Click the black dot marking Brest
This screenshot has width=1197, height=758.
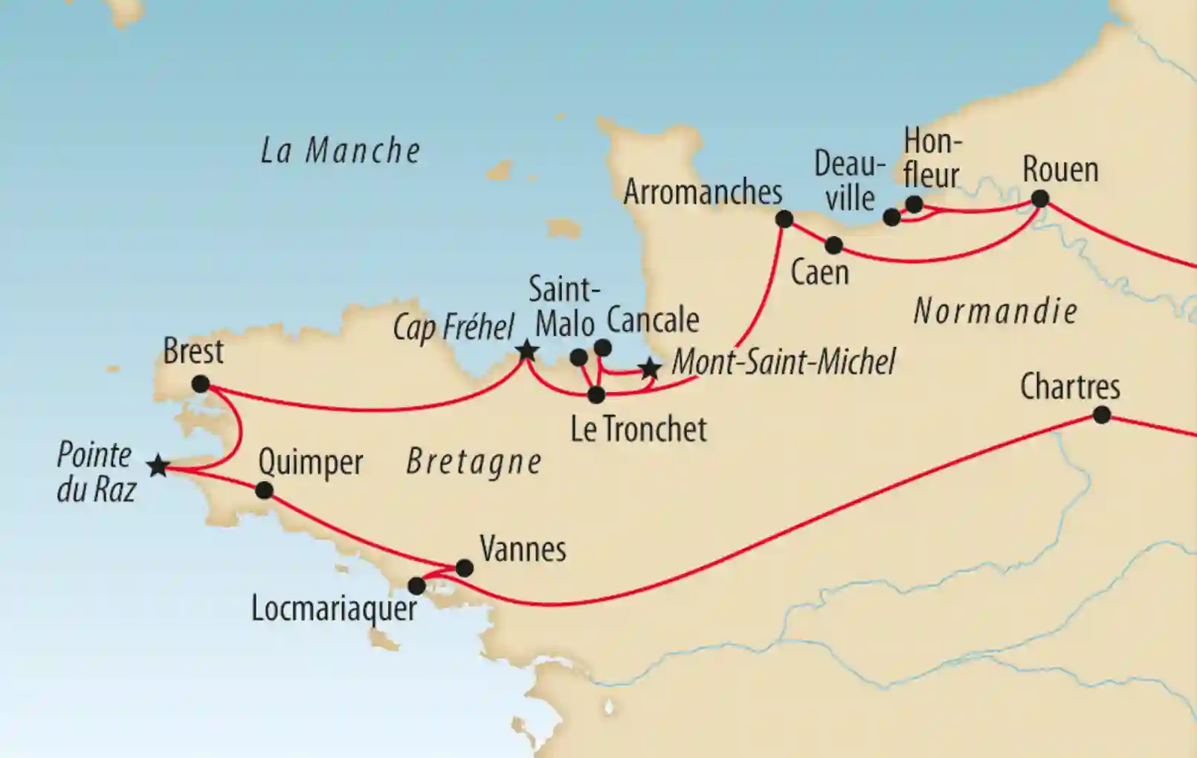(200, 384)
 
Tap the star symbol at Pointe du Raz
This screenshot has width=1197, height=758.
(158, 467)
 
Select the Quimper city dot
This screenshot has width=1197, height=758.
(264, 490)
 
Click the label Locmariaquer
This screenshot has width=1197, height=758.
(334, 609)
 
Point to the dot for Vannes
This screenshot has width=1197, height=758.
(464, 568)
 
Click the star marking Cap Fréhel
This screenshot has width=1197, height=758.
(526, 350)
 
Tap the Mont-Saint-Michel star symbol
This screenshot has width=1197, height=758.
(651, 368)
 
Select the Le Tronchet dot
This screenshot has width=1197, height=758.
(596, 395)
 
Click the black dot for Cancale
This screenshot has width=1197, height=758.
(603, 348)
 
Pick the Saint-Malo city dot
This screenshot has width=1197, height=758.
(578, 358)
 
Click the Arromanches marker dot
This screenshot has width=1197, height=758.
(784, 218)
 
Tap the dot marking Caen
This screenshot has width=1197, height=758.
(834, 245)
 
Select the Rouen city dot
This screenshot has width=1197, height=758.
(1040, 198)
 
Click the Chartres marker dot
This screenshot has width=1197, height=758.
(1102, 415)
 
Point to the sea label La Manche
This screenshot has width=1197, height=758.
(341, 151)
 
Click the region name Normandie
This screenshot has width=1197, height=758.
(995, 311)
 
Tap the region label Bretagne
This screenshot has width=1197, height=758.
(474, 462)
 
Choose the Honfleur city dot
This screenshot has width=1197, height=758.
(914, 204)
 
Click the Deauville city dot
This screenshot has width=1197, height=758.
(891, 217)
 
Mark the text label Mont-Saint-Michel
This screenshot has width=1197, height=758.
(784, 363)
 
